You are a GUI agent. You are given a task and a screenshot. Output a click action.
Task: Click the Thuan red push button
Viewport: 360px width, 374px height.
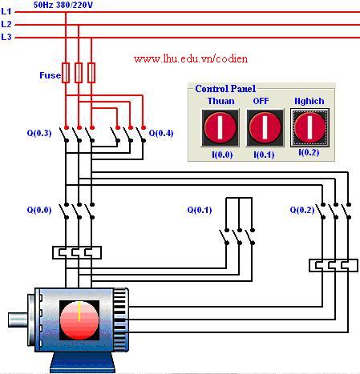click(220, 127)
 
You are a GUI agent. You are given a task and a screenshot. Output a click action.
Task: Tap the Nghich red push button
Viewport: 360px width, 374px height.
click(309, 127)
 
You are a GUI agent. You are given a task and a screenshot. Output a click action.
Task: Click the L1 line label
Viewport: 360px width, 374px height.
click(6, 11)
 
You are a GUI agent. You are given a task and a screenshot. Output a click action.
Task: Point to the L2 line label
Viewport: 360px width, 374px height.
click(6, 24)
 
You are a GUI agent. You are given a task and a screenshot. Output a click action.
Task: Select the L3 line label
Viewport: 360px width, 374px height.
click(6, 37)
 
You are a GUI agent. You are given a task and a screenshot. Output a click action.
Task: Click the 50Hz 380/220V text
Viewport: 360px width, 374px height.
click(63, 5)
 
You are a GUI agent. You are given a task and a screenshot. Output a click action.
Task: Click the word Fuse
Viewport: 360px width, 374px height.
click(50, 75)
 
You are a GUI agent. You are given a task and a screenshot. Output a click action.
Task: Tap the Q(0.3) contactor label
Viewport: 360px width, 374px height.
click(39, 133)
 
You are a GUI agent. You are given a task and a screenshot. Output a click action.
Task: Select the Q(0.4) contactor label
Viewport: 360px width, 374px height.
click(161, 133)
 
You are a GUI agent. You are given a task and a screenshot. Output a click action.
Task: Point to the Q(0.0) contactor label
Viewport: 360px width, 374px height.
click(39, 210)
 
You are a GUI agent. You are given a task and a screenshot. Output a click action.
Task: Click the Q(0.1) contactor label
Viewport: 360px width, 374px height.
click(200, 210)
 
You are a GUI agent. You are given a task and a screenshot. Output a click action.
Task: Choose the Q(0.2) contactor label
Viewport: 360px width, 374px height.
click(302, 210)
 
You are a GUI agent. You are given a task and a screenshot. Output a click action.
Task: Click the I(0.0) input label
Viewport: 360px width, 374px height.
click(222, 155)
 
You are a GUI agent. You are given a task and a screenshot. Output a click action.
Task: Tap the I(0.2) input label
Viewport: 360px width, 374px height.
click(309, 152)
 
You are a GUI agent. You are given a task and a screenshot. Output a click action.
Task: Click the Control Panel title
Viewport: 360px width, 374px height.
click(225, 89)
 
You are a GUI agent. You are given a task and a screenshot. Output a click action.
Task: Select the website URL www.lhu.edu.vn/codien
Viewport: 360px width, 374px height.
click(191, 58)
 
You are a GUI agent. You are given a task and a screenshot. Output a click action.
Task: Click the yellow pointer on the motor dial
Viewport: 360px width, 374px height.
click(79, 312)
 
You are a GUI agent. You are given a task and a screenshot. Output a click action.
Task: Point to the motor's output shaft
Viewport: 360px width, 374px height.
click(18, 320)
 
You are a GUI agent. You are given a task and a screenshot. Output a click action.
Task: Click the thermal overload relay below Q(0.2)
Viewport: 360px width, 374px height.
click(334, 265)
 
